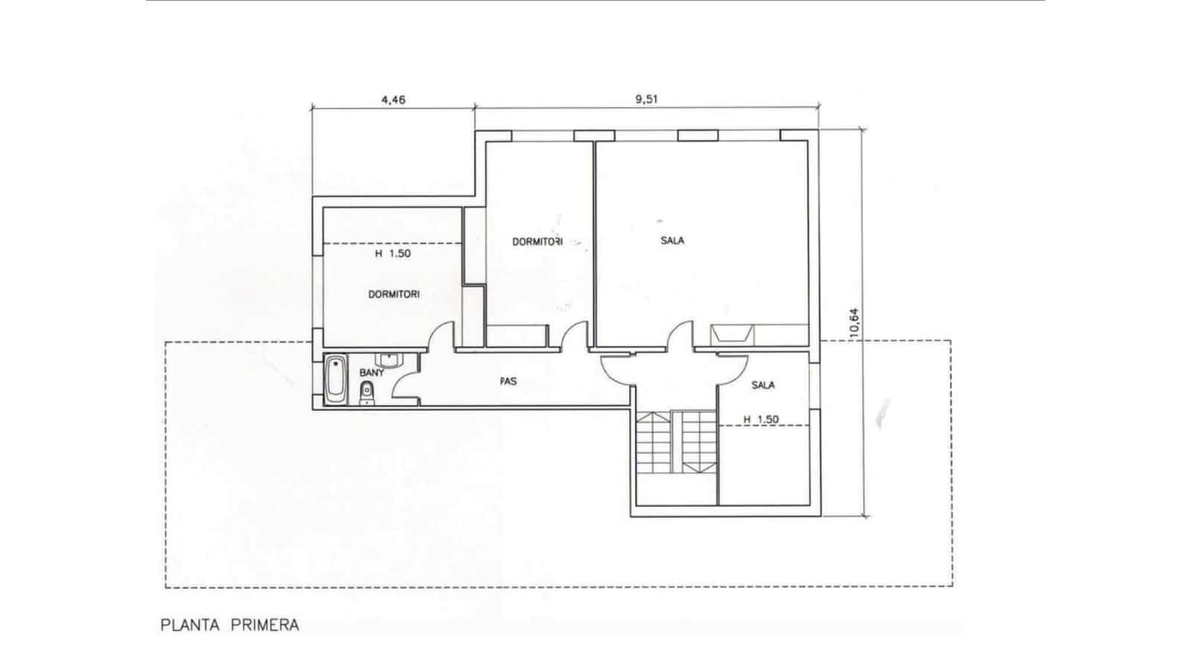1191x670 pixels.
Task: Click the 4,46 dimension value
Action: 393,99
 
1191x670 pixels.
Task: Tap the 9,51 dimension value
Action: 648,99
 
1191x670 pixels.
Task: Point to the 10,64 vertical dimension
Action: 855,323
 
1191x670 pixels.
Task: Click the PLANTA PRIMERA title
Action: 230,625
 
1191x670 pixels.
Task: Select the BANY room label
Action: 372,372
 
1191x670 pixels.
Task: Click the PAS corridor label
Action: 508,381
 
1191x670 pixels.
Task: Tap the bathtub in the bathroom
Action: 335,381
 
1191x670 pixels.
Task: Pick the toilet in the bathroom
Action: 366,394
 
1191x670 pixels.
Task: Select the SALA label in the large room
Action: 672,240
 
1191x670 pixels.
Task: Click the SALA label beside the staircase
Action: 763,385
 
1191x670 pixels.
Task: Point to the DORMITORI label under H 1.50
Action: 394,294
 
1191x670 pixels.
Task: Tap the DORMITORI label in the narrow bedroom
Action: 537,241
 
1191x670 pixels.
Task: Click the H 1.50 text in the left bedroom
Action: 393,253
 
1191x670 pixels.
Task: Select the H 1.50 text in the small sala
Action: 761,419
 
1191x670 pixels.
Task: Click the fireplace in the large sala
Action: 730,334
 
